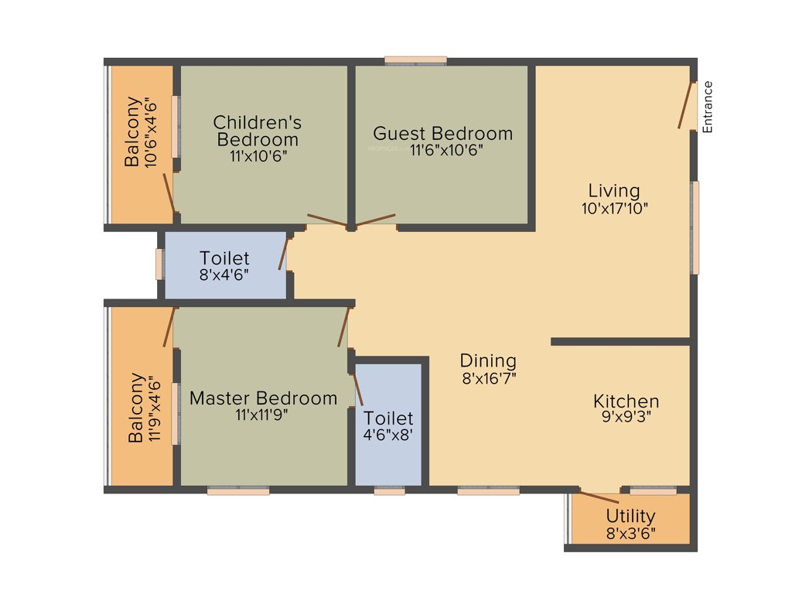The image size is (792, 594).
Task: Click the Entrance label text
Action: [x=707, y=107]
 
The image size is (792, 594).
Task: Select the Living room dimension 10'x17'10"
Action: [x=614, y=207]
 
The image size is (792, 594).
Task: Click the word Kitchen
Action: [x=626, y=401]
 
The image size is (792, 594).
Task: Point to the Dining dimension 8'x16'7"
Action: [x=488, y=378]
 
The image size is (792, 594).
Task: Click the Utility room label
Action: [x=630, y=516]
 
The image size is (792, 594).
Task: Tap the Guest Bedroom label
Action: [x=442, y=134]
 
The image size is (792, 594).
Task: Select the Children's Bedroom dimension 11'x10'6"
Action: [x=258, y=155]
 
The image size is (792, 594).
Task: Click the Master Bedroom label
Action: [x=263, y=398]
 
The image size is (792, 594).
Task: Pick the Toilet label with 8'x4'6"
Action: [x=224, y=258]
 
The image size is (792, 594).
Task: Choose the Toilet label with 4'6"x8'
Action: [x=388, y=419]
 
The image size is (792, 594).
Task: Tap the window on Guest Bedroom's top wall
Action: [x=416, y=60]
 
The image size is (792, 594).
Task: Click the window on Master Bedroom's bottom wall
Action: [x=237, y=490]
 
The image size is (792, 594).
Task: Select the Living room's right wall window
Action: [x=695, y=227]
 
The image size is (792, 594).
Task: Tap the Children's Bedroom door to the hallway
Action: [x=328, y=220]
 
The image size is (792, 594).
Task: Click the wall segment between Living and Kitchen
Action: [x=620, y=341]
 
